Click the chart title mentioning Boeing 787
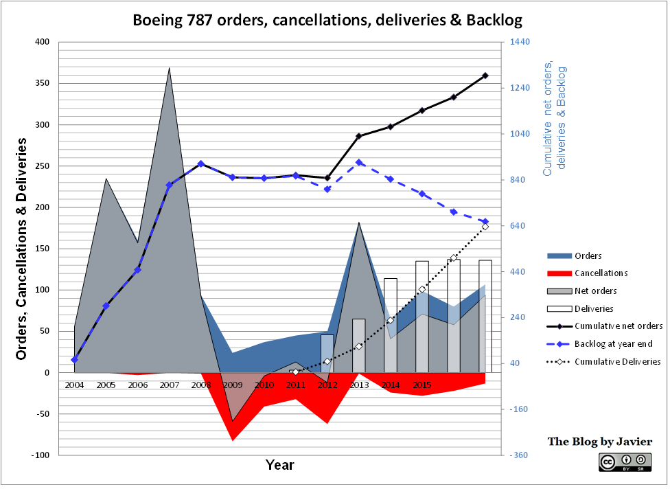pos(327,21)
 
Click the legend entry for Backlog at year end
pos(613,343)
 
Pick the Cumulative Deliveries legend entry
pos(617,361)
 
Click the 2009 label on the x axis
pos(233,385)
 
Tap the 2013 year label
pos(359,385)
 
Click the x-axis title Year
pos(280,465)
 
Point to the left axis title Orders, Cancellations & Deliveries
pos(21,249)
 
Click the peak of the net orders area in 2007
pos(169,68)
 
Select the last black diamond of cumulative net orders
pos(485,76)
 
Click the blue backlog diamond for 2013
pos(359,163)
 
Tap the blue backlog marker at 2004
pos(74,359)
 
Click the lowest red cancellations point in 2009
pos(233,440)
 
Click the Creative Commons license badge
pos(624,463)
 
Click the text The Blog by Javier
pos(599,442)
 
